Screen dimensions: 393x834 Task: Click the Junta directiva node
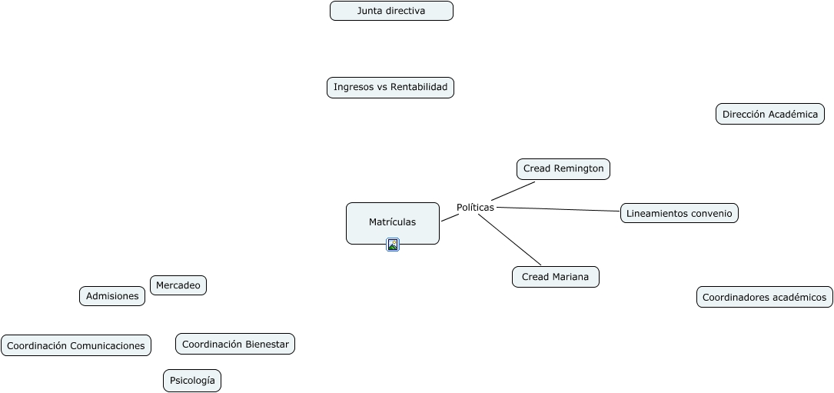click(391, 11)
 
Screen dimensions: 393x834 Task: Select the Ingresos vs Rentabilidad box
click(390, 88)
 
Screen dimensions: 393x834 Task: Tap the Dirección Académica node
click(769, 115)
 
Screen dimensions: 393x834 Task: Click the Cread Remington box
click(563, 169)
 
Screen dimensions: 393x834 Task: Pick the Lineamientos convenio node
click(679, 213)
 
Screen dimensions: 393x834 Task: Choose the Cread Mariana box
click(555, 277)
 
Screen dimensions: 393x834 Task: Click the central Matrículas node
click(392, 222)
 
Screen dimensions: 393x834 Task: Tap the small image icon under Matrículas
click(393, 245)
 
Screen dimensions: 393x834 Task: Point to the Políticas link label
click(475, 208)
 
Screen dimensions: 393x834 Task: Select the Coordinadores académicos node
click(764, 297)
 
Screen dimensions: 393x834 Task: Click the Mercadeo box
click(178, 285)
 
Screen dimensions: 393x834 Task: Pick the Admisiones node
click(112, 296)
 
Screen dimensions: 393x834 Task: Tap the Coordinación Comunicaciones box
click(75, 346)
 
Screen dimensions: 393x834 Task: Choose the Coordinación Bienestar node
click(235, 345)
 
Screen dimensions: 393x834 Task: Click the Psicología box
click(192, 381)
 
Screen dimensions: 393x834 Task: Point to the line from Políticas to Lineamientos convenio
click(557, 208)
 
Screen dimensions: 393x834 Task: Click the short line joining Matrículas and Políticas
click(450, 218)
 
